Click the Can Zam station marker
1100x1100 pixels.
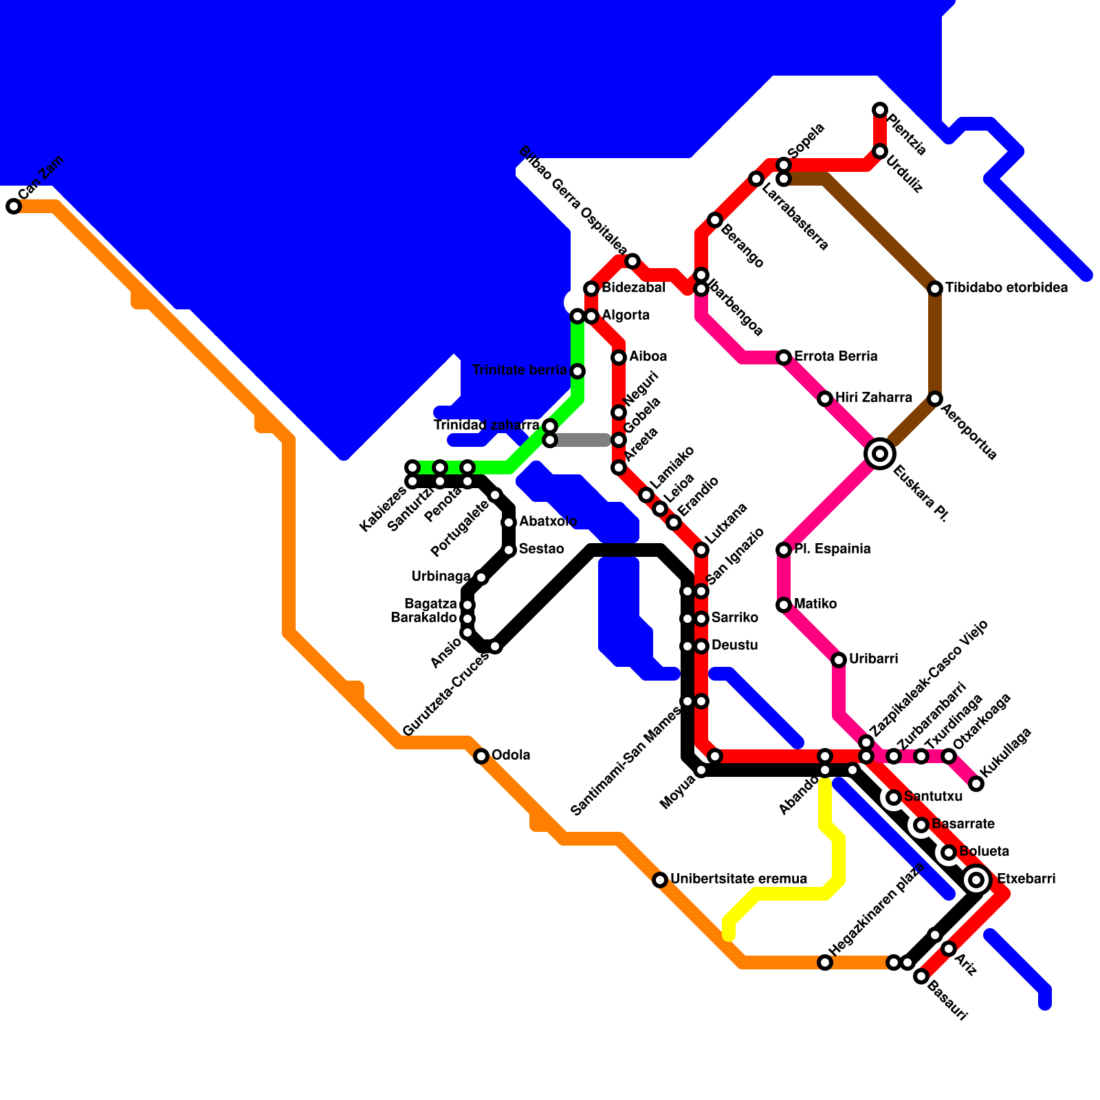tap(14, 206)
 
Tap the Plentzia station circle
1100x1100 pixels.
tap(880, 110)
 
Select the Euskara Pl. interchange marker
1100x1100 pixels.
tap(880, 454)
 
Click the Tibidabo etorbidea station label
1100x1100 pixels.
tap(1006, 287)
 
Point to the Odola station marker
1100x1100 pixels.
tap(481, 756)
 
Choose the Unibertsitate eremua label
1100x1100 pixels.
tap(738, 879)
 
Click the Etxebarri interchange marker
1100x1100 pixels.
tap(976, 880)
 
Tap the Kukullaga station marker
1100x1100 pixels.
tap(976, 784)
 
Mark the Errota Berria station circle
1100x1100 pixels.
tap(784, 357)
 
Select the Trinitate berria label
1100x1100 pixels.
tap(520, 371)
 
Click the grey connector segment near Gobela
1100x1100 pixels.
tap(581, 440)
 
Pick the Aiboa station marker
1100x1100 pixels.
tap(619, 357)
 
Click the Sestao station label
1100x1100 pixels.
tap(542, 549)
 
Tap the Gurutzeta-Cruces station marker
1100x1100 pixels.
tap(495, 646)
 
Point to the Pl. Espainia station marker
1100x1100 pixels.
tap(784, 550)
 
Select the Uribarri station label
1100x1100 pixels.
tap(873, 659)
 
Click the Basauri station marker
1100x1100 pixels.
tap(921, 976)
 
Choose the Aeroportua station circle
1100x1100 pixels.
tap(935, 399)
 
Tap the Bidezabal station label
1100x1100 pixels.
tap(633, 287)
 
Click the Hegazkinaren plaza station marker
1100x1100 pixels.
tap(825, 962)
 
